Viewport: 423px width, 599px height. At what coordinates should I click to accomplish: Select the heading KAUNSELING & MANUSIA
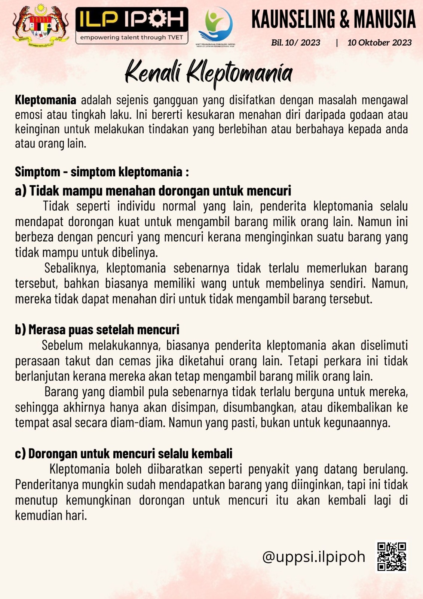click(333, 19)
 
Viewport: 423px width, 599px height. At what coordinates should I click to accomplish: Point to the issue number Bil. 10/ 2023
click(295, 43)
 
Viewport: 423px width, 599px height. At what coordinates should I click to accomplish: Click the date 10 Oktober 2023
click(379, 43)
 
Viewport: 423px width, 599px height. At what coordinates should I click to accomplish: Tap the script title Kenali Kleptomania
click(208, 73)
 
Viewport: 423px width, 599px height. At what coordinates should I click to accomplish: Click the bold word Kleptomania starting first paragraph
click(46, 100)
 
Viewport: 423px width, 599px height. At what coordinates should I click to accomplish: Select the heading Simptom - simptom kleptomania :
click(102, 172)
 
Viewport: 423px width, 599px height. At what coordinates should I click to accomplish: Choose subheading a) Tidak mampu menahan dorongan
click(153, 191)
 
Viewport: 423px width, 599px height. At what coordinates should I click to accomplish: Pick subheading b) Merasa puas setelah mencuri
click(97, 330)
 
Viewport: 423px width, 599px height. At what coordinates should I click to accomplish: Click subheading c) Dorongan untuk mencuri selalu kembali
click(124, 454)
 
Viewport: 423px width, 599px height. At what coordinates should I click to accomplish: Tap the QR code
click(391, 557)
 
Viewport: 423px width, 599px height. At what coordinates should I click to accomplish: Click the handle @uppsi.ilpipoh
click(313, 557)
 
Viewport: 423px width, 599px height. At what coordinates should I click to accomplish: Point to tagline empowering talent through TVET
click(132, 37)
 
